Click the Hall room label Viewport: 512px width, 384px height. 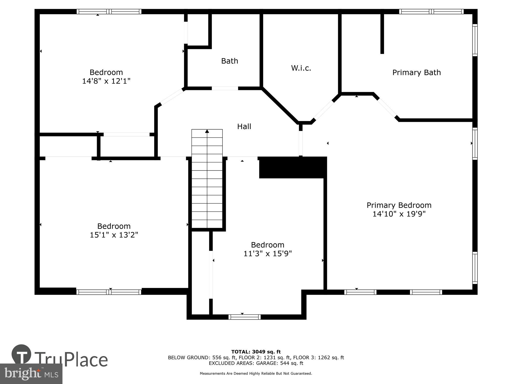[x=244, y=126]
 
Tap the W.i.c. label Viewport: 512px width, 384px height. [x=301, y=68]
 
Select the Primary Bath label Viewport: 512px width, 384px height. [x=416, y=72]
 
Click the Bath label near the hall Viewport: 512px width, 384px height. [x=229, y=61]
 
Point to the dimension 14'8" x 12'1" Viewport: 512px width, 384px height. [x=106, y=81]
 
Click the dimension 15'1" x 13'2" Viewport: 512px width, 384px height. [x=114, y=235]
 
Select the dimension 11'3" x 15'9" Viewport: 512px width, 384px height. [x=268, y=253]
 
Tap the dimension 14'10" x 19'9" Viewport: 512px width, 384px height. [x=399, y=214]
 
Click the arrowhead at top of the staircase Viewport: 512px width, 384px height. [x=207, y=131]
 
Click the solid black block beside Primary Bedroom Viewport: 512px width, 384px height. [x=293, y=167]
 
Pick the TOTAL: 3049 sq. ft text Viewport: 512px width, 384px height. [x=256, y=352]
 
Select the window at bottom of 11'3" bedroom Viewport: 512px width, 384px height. [x=244, y=317]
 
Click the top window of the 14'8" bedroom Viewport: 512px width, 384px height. [x=109, y=12]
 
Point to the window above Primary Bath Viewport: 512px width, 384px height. [x=431, y=12]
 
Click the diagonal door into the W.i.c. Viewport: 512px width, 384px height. [x=324, y=110]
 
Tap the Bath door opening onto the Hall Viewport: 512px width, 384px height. [x=225, y=88]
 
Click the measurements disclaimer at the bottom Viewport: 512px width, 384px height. [x=256, y=374]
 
